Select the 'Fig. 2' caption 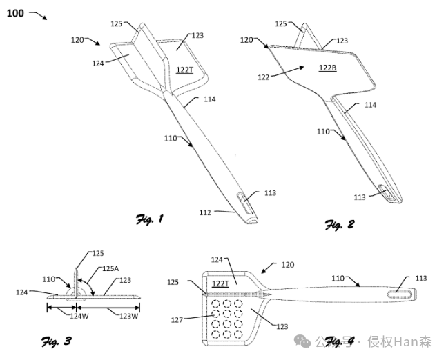coord(339,224)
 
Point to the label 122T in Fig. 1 coord(184,70)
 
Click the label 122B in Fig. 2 coord(327,68)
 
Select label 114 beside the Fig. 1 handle coord(210,99)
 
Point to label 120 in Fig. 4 coord(288,264)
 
